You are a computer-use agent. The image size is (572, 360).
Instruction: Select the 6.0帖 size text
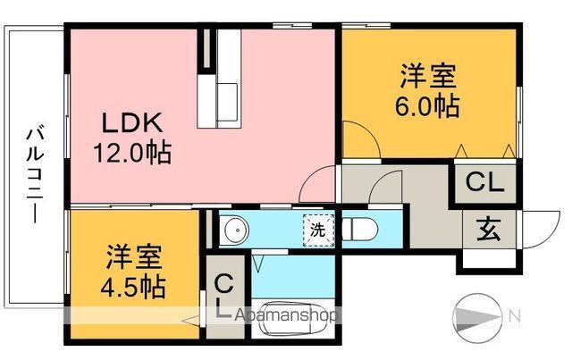pos(426,106)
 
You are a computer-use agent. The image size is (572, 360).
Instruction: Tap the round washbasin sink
pos(234,230)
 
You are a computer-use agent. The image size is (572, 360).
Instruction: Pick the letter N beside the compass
pos(515,314)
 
